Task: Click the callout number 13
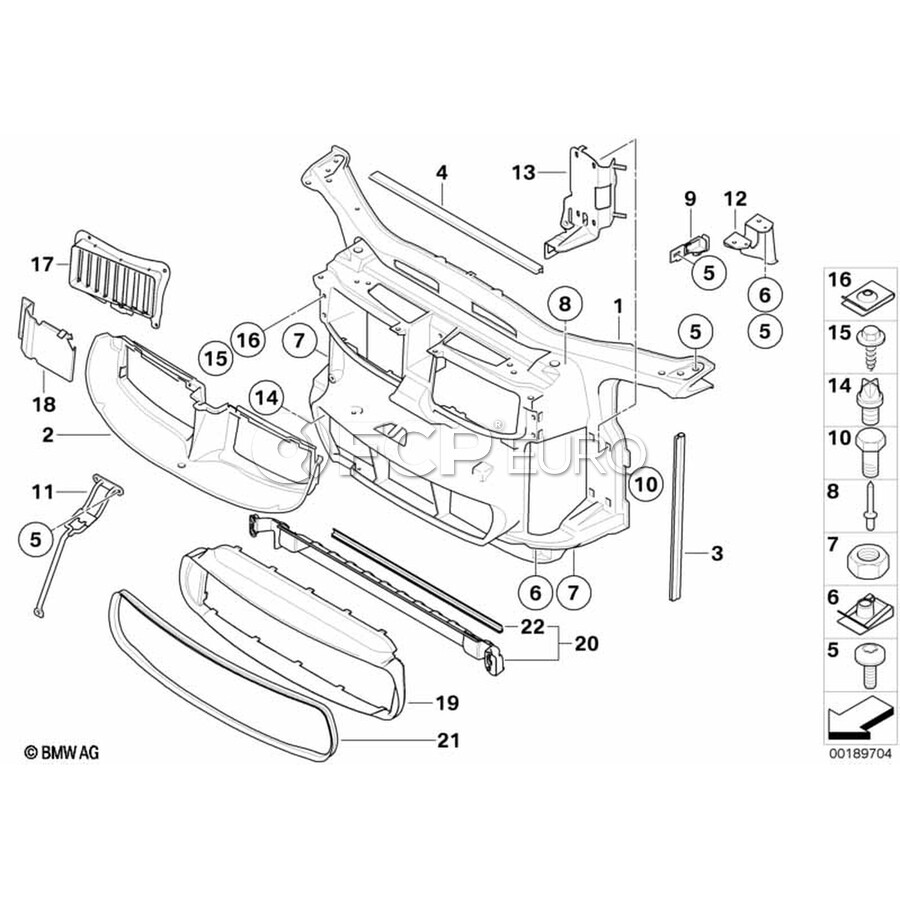click(523, 172)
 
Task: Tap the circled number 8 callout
click(565, 304)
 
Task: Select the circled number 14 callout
click(267, 398)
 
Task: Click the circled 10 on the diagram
click(646, 485)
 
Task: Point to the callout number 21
click(448, 740)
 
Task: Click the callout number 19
click(447, 703)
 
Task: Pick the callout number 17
click(42, 265)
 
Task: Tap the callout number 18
click(44, 404)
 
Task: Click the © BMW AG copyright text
click(61, 752)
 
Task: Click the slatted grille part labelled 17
click(119, 279)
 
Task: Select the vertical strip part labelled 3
click(680, 517)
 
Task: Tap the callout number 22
click(532, 626)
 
